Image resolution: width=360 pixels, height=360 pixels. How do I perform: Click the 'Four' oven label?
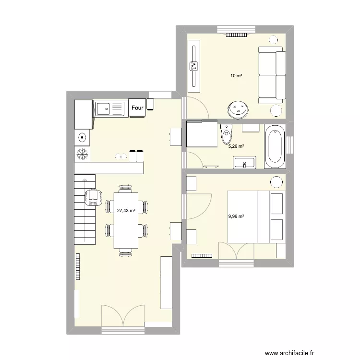[x=138, y=108]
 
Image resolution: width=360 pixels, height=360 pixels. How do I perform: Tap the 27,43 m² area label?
[x=126, y=210]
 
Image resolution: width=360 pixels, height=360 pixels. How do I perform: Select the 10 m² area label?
[x=236, y=76]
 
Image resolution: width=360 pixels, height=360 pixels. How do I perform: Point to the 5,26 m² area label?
[x=236, y=146]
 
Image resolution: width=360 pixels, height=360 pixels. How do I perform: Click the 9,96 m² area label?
[x=236, y=216]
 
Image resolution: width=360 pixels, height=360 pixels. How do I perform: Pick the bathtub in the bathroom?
[x=275, y=146]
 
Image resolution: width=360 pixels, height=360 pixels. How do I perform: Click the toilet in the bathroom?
[x=227, y=135]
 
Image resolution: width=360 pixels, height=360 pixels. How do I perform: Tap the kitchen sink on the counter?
[x=110, y=108]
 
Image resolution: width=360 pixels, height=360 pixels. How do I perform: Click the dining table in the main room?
[x=126, y=220]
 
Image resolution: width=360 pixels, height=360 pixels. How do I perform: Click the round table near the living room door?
[x=239, y=109]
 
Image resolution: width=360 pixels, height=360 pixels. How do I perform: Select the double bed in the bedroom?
[x=256, y=216]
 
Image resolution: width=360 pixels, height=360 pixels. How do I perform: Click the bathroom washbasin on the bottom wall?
[x=245, y=163]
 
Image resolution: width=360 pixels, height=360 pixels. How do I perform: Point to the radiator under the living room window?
[x=236, y=35]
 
